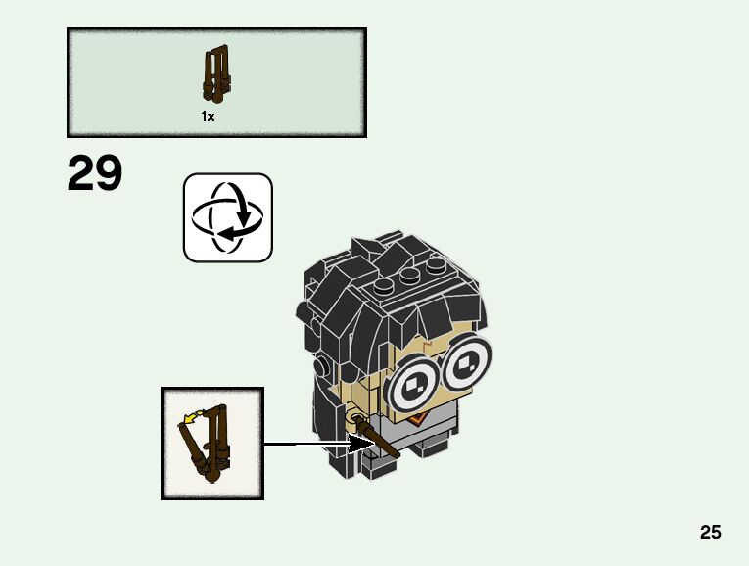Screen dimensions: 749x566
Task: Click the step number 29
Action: click(x=95, y=174)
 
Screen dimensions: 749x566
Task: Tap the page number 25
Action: click(x=711, y=532)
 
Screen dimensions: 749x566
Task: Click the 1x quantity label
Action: click(x=208, y=117)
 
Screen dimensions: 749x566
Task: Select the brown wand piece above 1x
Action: click(x=215, y=75)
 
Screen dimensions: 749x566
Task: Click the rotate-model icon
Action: click(x=227, y=217)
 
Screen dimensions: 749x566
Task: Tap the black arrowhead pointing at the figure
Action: click(x=363, y=445)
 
